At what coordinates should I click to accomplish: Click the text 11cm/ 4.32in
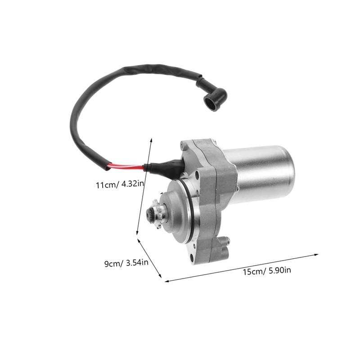click(119, 184)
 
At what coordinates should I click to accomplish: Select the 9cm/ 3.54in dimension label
click(126, 263)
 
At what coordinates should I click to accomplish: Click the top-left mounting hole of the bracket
click(182, 145)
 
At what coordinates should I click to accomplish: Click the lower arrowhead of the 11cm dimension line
click(138, 234)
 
